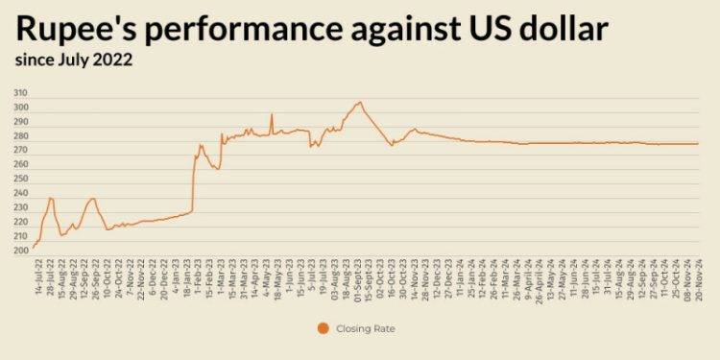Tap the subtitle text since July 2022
(x=73, y=60)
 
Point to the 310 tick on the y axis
(x=20, y=93)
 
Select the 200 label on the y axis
(x=20, y=251)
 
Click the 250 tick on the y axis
(x=20, y=180)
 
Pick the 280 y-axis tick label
(x=20, y=136)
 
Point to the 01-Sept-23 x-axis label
(x=359, y=278)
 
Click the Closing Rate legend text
(x=367, y=328)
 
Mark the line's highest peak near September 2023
(x=360, y=102)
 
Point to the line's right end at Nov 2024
(x=698, y=144)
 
